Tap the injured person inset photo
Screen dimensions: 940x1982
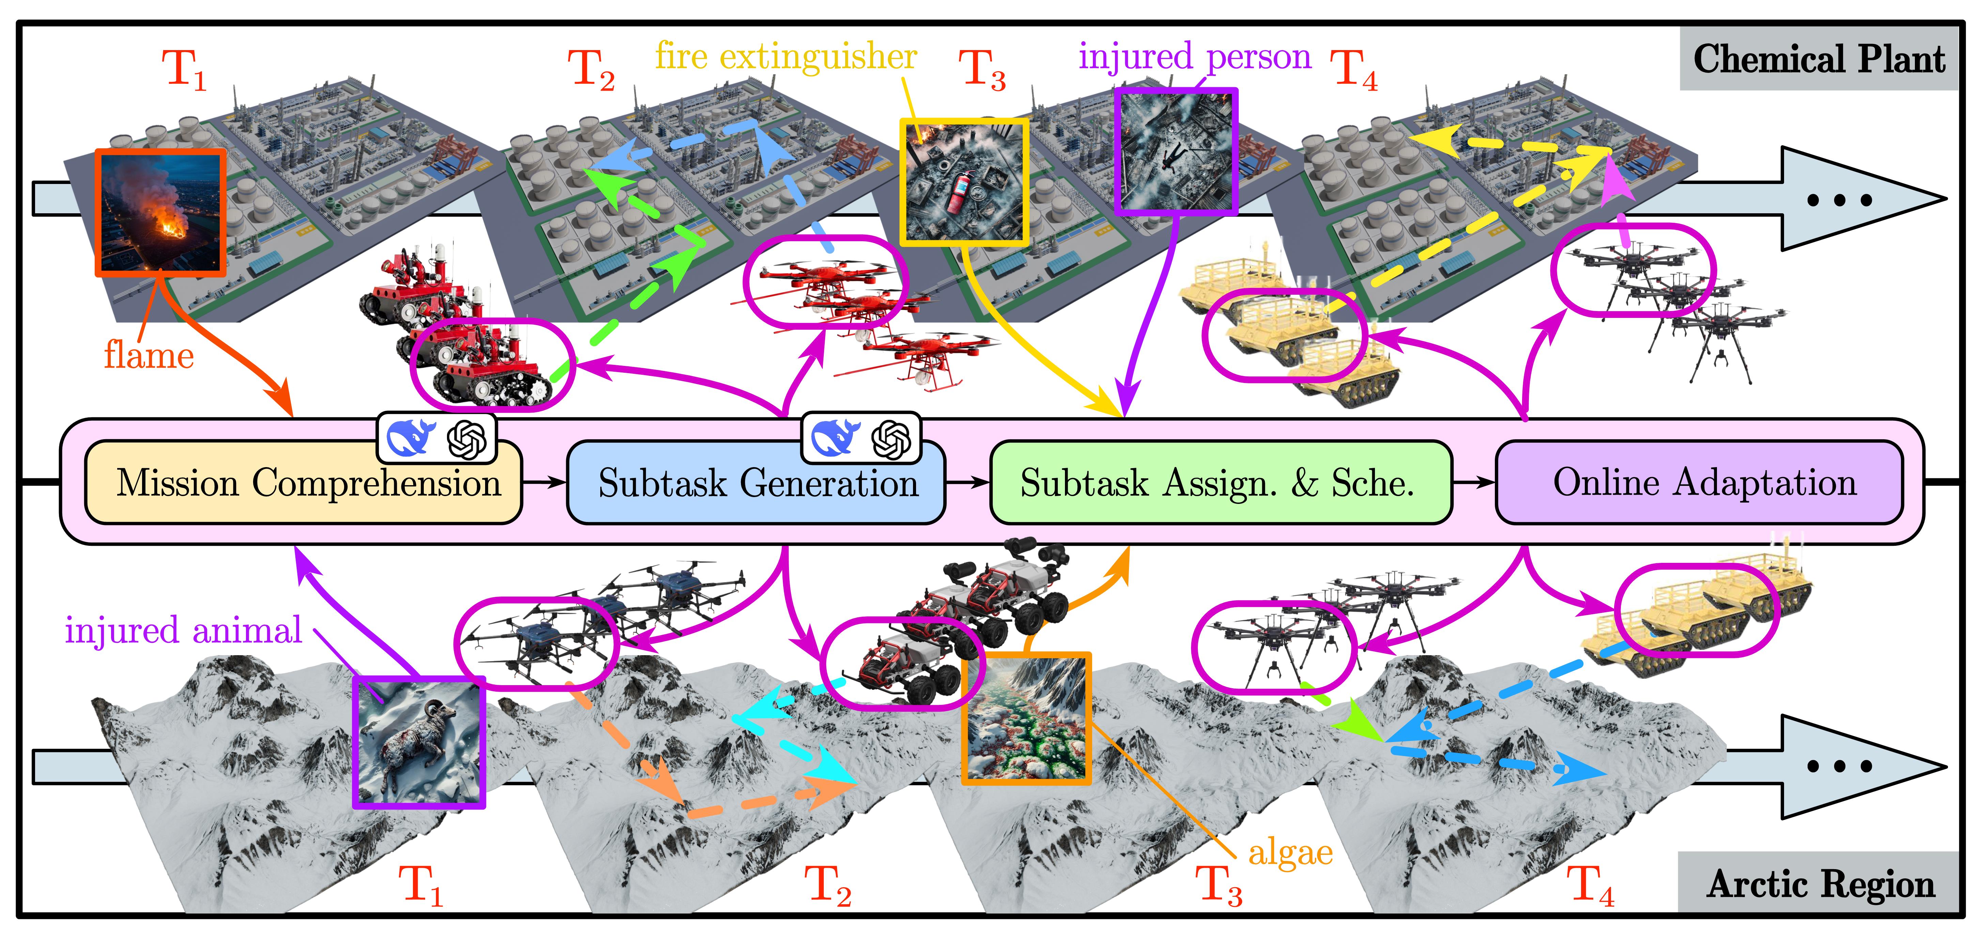pos(1176,150)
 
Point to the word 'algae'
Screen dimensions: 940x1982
pos(1290,852)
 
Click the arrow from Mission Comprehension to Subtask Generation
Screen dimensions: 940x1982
pos(544,482)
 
